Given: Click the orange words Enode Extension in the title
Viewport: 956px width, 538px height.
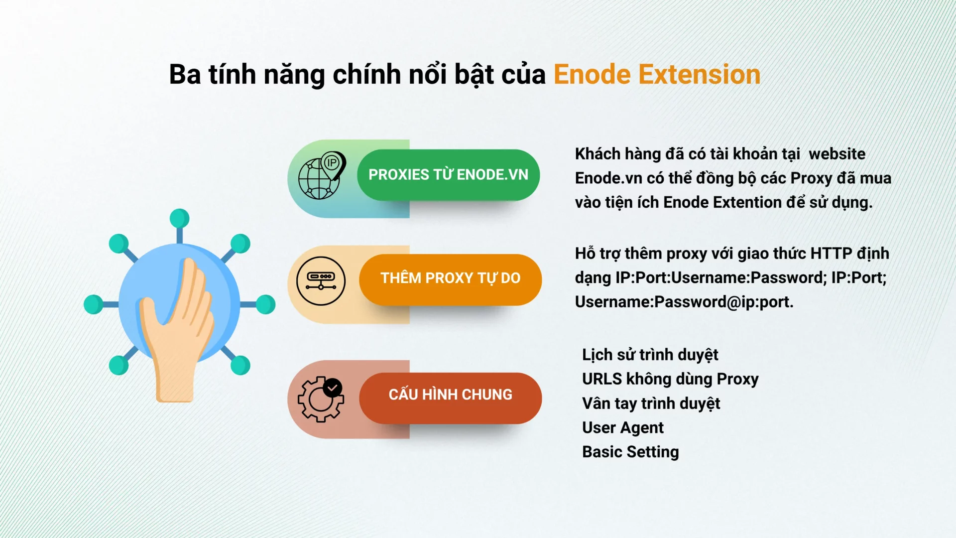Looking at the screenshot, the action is click(x=657, y=75).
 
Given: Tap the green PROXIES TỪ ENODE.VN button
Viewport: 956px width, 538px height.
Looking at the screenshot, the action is click(x=448, y=175).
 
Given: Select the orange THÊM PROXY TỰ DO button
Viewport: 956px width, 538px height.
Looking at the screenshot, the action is click(x=450, y=279).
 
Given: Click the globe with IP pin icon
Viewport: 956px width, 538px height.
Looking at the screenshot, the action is click(x=322, y=175).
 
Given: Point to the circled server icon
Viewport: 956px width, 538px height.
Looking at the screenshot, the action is click(x=321, y=281).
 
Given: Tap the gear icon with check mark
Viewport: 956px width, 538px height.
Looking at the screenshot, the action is click(x=321, y=400).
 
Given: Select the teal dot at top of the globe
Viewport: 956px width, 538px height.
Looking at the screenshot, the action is click(x=179, y=218).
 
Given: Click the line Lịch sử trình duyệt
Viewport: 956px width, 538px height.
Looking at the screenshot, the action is click(x=650, y=355).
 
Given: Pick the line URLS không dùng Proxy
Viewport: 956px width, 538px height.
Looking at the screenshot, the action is click(x=670, y=380).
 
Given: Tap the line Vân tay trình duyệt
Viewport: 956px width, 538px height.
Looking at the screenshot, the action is click(x=651, y=404).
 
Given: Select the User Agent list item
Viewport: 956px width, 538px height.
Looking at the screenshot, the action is click(x=623, y=428).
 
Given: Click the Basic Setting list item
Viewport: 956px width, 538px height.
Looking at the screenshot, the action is click(x=630, y=452).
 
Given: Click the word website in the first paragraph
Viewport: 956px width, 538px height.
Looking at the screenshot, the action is click(x=837, y=154).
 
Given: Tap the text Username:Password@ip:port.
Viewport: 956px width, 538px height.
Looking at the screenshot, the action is click(x=684, y=302).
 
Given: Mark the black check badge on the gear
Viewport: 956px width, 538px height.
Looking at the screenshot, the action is click(x=333, y=388).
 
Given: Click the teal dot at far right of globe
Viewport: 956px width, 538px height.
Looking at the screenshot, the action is click(x=265, y=304).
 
